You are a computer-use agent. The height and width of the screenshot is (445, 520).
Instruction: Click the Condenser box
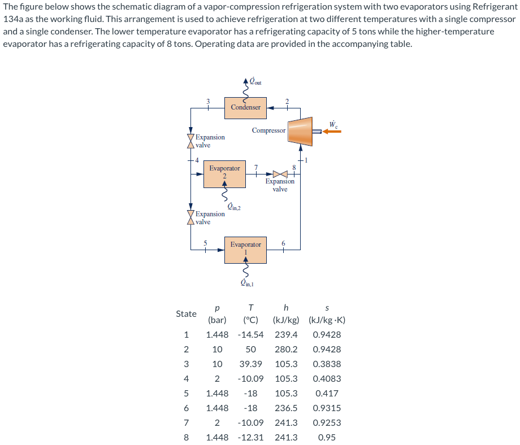click(245, 107)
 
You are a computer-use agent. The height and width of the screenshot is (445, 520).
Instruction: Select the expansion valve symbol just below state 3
click(190, 141)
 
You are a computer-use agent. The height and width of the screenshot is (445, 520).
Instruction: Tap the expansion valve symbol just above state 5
click(190, 218)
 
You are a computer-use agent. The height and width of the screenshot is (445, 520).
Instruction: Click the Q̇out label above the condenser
click(255, 82)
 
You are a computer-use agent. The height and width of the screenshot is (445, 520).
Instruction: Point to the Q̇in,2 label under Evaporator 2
click(233, 207)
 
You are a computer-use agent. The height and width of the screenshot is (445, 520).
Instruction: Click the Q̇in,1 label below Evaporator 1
click(248, 284)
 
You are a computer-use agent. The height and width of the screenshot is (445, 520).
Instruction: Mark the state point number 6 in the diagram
click(284, 243)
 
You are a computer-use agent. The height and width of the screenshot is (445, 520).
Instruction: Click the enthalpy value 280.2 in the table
click(286, 350)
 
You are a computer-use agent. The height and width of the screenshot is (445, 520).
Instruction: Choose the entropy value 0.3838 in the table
click(327, 364)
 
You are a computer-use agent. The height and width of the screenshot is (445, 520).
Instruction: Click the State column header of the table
click(186, 313)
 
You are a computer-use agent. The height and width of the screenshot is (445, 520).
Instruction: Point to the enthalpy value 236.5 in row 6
click(286, 408)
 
